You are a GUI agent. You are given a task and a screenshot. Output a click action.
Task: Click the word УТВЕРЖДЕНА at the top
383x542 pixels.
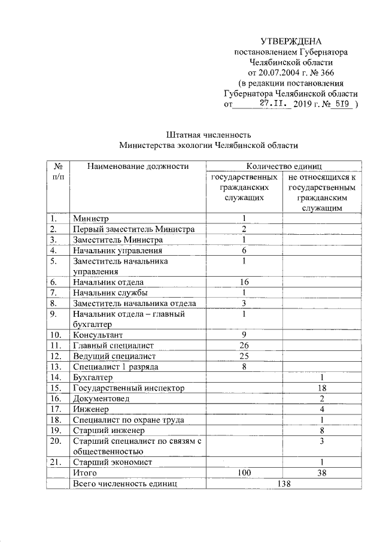(x=291, y=41)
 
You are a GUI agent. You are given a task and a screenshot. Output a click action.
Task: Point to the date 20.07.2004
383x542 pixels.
(x=279, y=72)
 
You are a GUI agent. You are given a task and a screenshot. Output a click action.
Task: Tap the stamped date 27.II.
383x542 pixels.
(x=275, y=103)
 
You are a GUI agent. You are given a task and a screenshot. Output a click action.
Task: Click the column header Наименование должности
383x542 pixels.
(x=138, y=166)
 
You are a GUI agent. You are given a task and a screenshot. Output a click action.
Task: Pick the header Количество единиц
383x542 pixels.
(x=284, y=166)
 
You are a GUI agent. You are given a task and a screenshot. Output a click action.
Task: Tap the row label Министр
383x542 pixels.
(x=90, y=218)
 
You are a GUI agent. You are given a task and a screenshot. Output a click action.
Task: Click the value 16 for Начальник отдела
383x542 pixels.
(x=244, y=281)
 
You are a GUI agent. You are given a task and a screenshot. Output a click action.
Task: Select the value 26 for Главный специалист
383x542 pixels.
(x=244, y=345)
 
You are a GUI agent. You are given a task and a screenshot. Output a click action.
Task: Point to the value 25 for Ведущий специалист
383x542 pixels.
(x=244, y=356)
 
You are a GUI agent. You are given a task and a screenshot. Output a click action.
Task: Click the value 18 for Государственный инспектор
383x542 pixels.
(x=322, y=387)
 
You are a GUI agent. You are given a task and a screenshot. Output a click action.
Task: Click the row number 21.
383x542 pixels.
(x=55, y=462)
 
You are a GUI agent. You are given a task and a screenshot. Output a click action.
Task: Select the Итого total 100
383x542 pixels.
(x=244, y=473)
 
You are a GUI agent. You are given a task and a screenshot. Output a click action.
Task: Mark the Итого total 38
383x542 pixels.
(x=322, y=473)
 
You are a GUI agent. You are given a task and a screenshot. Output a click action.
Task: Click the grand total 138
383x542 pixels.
(x=284, y=483)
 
